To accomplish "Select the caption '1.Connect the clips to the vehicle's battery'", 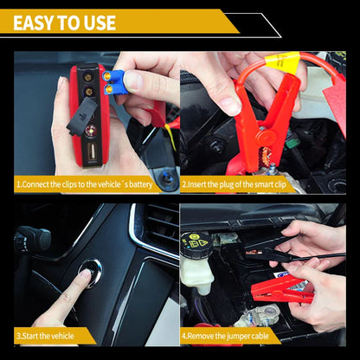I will (86, 184).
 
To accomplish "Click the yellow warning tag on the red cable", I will (284, 61).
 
